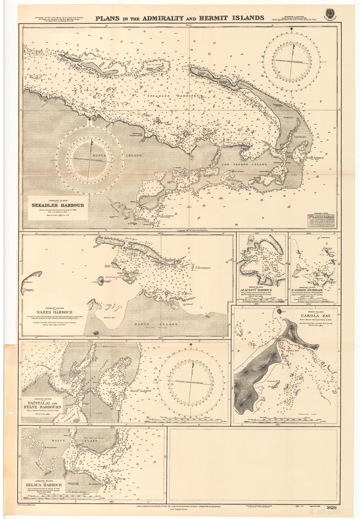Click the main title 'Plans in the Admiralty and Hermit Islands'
pos(180,17)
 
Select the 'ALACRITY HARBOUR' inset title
pos(258,290)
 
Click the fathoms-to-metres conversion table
pos(321,221)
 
